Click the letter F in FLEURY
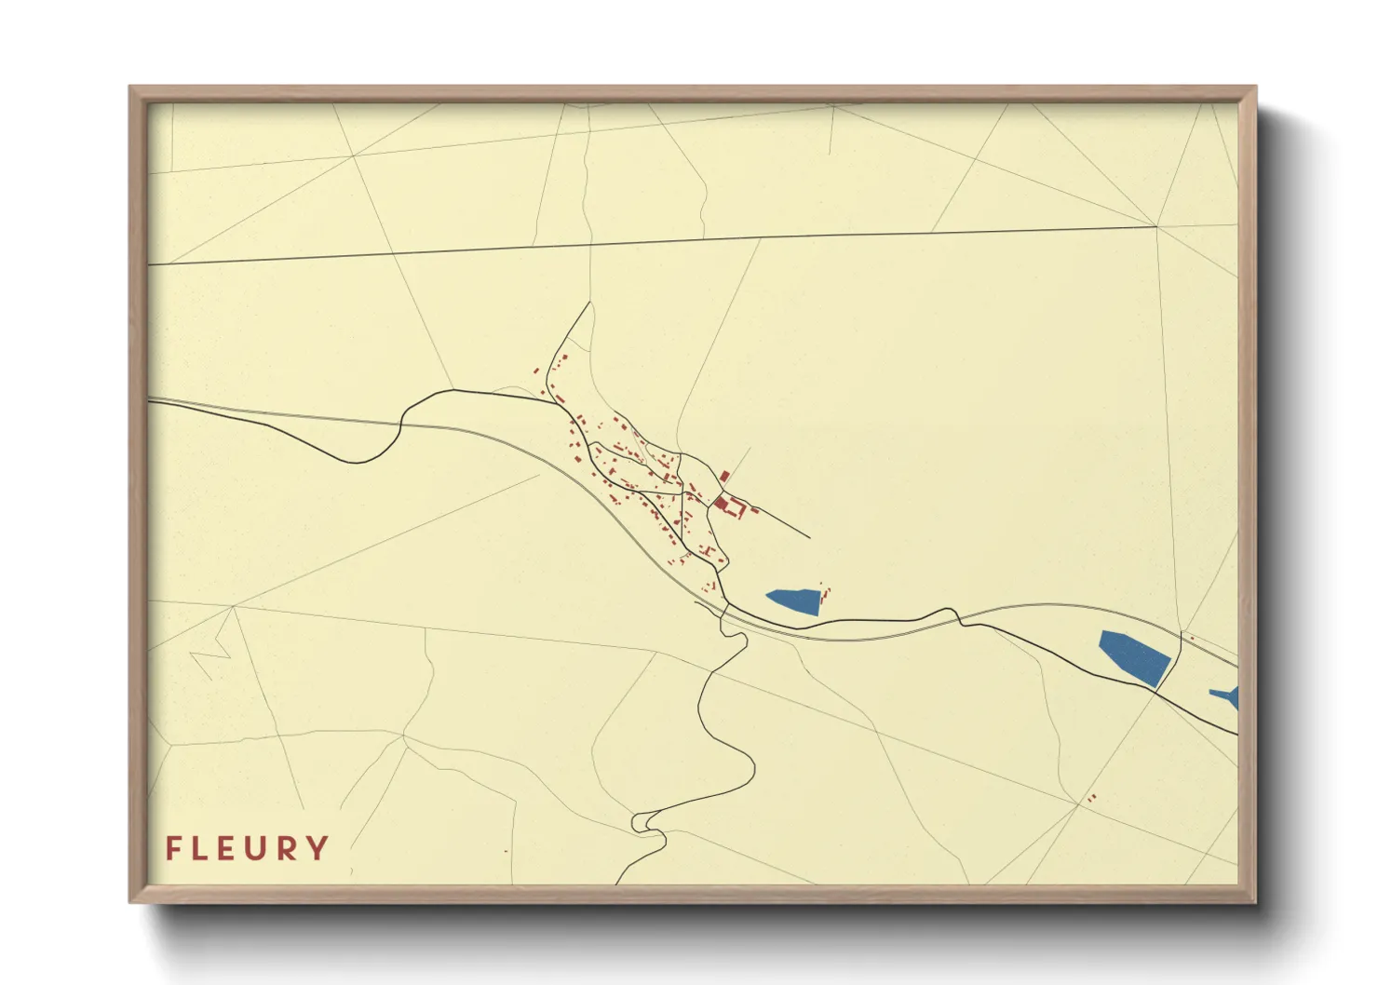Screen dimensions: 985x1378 click(172, 848)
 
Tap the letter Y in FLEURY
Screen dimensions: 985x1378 click(318, 848)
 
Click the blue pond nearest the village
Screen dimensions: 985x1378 click(794, 600)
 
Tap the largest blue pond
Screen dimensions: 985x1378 click(1134, 656)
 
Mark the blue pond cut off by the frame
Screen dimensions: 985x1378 click(1227, 696)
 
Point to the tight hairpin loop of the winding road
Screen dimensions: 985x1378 click(642, 823)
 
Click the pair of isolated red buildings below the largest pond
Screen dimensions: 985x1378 click(1092, 798)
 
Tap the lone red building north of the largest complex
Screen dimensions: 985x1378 click(724, 476)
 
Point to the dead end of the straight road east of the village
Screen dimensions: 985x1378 click(809, 538)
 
